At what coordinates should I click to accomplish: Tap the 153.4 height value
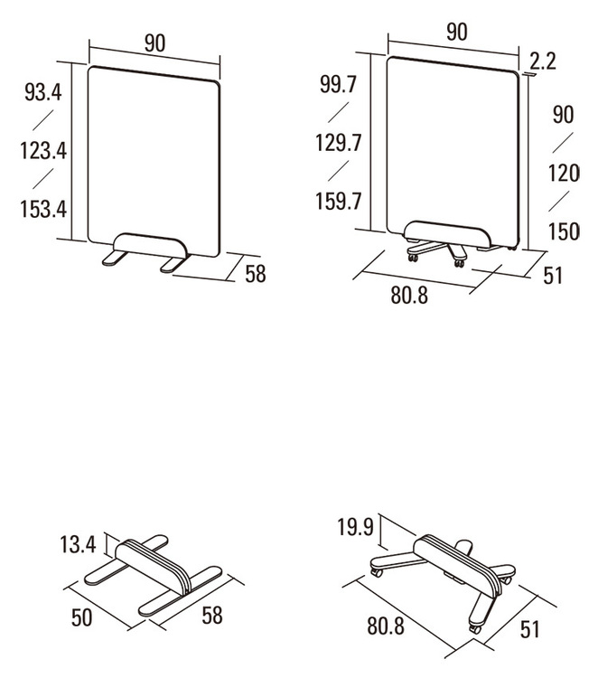click(43, 209)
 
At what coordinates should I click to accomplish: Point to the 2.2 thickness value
click(543, 61)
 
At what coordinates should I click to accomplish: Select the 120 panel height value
click(564, 173)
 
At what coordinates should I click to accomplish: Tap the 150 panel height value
click(564, 231)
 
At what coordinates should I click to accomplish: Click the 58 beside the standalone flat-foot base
click(211, 616)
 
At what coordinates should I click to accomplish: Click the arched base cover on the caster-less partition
click(151, 246)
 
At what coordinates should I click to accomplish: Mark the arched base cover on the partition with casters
click(447, 234)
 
